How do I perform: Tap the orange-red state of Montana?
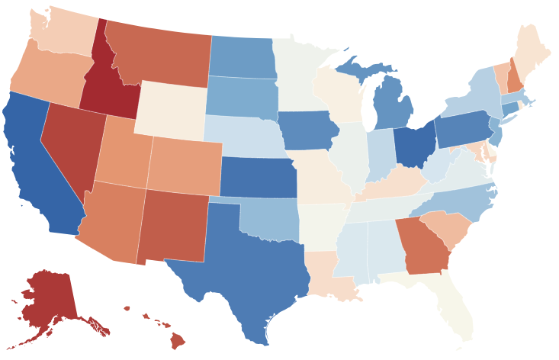pyautogui.click(x=160, y=53)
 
